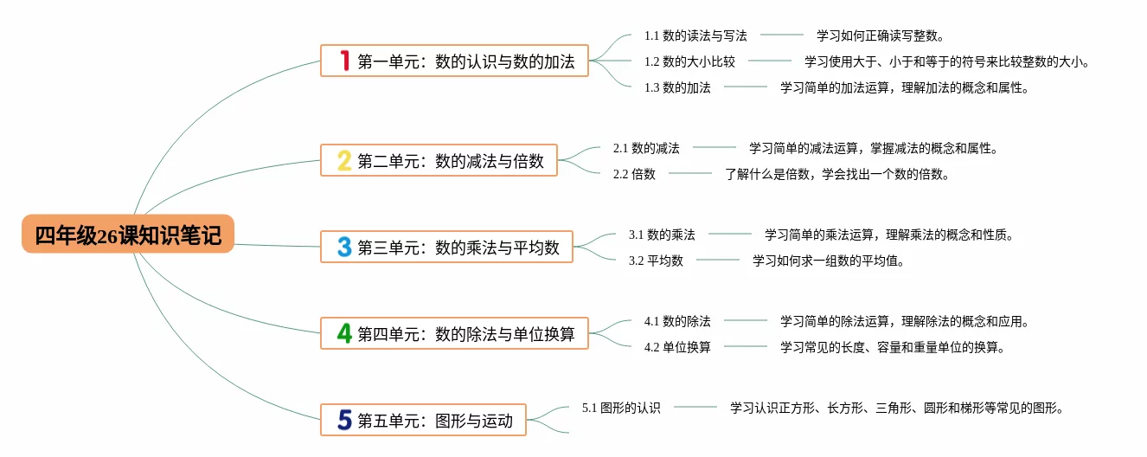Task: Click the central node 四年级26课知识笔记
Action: pos(128,235)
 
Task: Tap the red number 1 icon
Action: pos(344,61)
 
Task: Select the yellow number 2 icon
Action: pos(344,160)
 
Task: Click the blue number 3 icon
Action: pos(344,248)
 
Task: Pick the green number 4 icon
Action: pos(344,333)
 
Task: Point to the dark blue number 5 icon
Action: pos(344,421)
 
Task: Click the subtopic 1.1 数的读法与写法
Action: pos(695,35)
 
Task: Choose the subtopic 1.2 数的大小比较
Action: pos(689,61)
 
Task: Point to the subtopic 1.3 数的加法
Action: pos(677,87)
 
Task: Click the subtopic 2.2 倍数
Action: pos(634,174)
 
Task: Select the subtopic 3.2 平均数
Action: pos(656,261)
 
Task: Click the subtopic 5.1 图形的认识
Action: pos(621,408)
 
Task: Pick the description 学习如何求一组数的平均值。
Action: pos(829,261)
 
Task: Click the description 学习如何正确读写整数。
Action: pos(881,35)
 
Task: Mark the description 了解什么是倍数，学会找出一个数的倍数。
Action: pos(837,174)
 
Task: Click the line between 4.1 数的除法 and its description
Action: pos(745,321)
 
